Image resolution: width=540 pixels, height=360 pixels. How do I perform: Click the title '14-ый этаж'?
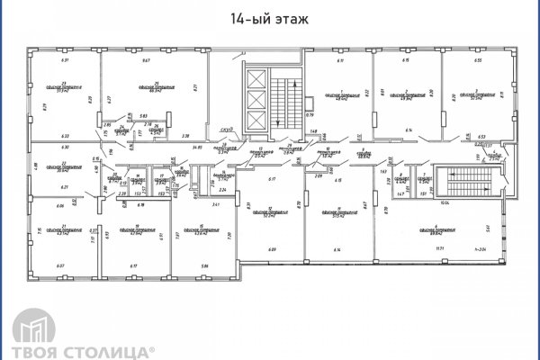[x=270, y=17]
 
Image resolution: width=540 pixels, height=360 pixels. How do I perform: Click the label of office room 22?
[x=62, y=166]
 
